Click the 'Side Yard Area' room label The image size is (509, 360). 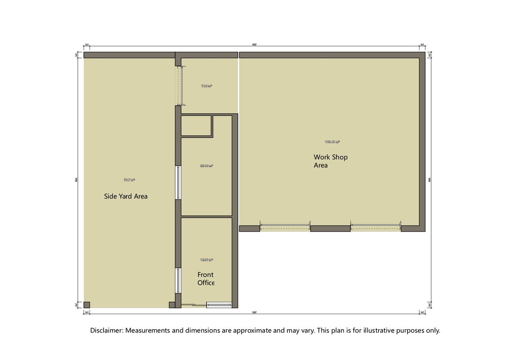point(126,196)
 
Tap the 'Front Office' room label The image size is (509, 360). point(205,279)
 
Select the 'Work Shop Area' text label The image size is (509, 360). point(330,161)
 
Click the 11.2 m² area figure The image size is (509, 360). point(206,86)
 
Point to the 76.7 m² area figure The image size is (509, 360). point(129,180)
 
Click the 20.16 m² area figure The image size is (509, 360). point(206,166)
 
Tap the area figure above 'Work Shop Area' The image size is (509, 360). point(332,142)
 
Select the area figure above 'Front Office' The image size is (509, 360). point(206,260)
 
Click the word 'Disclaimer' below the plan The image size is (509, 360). point(106,330)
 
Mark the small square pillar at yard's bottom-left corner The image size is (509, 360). point(86,305)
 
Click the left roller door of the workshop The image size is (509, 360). point(285,227)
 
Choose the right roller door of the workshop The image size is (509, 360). point(376,227)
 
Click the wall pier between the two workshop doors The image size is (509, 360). point(331,228)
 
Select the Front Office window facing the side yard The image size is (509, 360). point(178,281)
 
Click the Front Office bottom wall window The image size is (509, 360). point(219,305)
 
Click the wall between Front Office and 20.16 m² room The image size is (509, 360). point(206,216)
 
